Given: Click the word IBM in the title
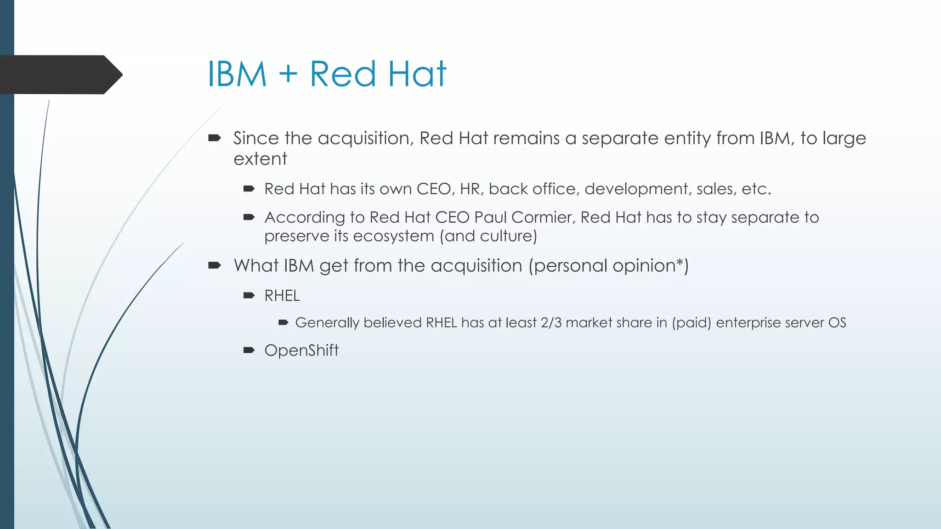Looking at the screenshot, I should click(x=237, y=74).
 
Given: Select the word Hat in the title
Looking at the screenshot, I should click(x=417, y=74).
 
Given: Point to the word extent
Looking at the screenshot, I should click(x=260, y=159).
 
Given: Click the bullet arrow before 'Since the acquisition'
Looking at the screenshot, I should click(x=215, y=138).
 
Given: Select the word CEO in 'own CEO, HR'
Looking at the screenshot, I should click(x=434, y=189).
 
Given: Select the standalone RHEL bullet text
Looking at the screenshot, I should click(x=282, y=296).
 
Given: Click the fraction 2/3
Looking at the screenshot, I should click(x=551, y=323).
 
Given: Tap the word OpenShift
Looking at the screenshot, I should click(x=301, y=350).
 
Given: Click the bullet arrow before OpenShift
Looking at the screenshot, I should click(x=249, y=350).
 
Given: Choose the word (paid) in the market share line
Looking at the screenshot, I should click(x=691, y=323).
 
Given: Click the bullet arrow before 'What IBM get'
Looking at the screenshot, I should click(x=215, y=265).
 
